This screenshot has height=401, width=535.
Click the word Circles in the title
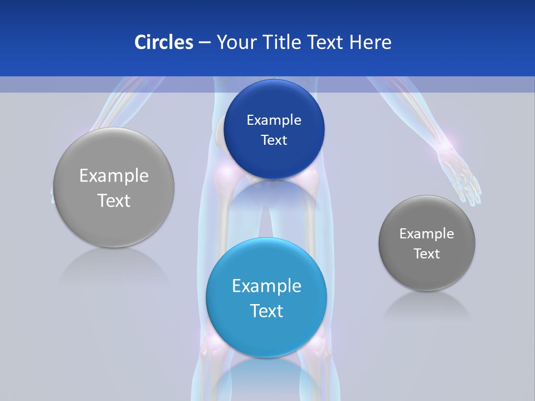point(163,42)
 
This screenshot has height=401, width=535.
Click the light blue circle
point(266,329)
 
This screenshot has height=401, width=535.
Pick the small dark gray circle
point(427,273)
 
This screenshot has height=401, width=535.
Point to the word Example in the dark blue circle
point(274,120)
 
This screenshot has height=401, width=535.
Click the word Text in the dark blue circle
point(274,140)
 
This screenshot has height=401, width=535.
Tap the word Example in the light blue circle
point(266,286)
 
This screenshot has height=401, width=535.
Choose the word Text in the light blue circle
point(266,311)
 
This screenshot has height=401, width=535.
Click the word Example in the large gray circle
point(114,176)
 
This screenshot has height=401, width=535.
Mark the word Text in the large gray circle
point(114,200)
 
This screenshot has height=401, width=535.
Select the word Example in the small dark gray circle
point(427,234)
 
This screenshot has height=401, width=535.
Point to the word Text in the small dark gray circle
point(427,254)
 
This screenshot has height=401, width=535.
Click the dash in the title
point(205,42)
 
